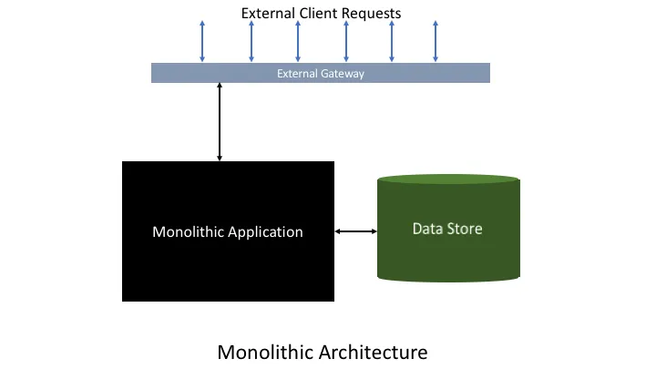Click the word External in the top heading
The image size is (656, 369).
pyautogui.click(x=268, y=13)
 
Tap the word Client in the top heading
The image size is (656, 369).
pyautogui.click(x=318, y=13)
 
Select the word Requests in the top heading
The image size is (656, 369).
pyautogui.click(x=371, y=14)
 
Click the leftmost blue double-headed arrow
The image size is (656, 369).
pyautogui.click(x=202, y=41)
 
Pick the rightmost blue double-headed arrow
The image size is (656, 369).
pyautogui.click(x=436, y=41)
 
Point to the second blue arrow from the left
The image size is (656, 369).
pyautogui.click(x=251, y=41)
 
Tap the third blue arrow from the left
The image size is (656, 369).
pyautogui.click(x=298, y=41)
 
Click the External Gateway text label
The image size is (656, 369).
pyautogui.click(x=321, y=74)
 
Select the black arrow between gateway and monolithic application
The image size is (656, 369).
pyautogui.click(x=220, y=122)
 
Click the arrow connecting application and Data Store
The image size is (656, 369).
pyautogui.click(x=356, y=231)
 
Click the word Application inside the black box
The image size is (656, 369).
pyautogui.click(x=265, y=232)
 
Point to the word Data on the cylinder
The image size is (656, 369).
pyautogui.click(x=427, y=229)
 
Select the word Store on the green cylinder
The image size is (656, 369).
pyautogui.click(x=465, y=229)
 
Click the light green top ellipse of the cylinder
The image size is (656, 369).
pyautogui.click(x=448, y=179)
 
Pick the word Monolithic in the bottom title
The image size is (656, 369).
pyautogui.click(x=266, y=353)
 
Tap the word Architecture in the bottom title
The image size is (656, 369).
pyautogui.click(x=374, y=353)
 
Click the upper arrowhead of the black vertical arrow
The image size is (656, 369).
pyautogui.click(x=220, y=86)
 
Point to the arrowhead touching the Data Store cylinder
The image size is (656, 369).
pyautogui.click(x=374, y=231)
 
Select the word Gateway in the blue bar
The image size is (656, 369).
pyautogui.click(x=343, y=74)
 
